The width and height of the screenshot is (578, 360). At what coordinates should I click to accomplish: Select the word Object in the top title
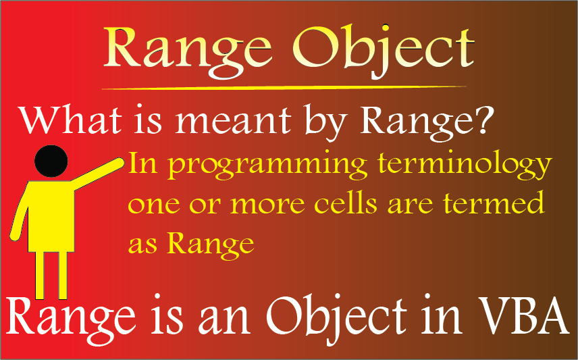click(x=384, y=51)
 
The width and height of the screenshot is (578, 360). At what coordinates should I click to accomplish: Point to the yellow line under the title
click(x=284, y=88)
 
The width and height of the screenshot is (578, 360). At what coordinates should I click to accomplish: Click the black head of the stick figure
click(x=51, y=161)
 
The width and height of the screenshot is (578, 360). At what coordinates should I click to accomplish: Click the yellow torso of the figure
click(x=50, y=216)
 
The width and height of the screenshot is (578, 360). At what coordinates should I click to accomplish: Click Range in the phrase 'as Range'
click(x=211, y=245)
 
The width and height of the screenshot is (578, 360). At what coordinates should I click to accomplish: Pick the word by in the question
click(x=325, y=124)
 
